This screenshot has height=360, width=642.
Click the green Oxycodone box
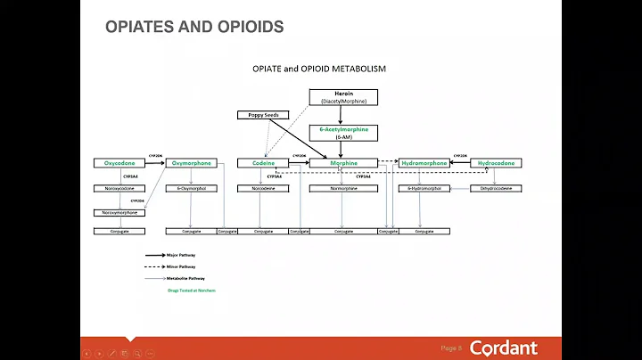click(118, 163)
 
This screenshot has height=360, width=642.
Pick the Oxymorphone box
click(191, 163)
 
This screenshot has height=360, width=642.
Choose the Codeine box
click(263, 163)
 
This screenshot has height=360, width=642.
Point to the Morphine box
click(343, 163)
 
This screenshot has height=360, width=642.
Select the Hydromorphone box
click(424, 163)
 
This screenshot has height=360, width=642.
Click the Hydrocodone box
click(497, 163)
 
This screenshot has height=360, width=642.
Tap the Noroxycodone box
click(118, 188)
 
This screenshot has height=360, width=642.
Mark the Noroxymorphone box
click(118, 212)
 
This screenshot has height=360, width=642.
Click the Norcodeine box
click(263, 188)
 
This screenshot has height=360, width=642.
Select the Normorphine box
click(343, 188)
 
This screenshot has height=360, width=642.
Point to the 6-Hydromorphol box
click(424, 188)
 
